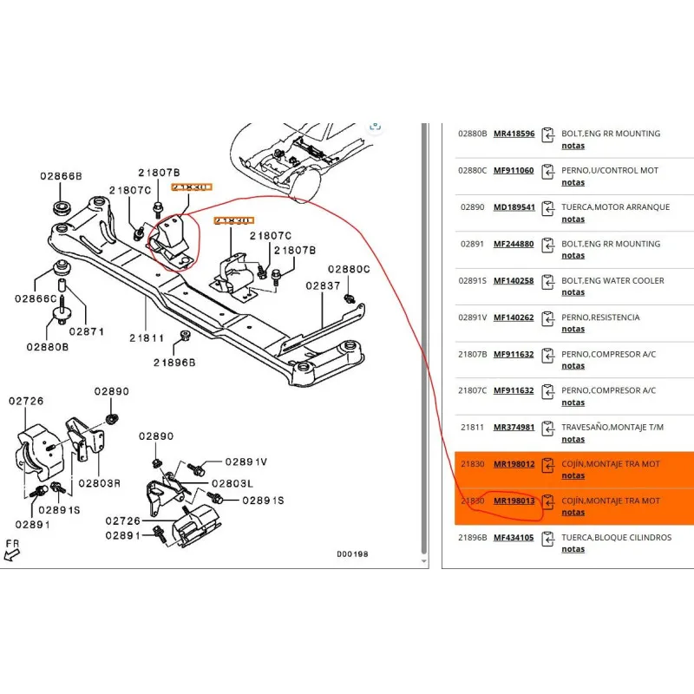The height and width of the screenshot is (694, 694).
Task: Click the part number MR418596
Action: [514, 134]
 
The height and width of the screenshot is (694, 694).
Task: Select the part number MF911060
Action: [514, 170]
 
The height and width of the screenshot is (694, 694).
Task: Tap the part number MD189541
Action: [514, 207]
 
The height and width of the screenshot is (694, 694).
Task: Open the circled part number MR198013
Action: [514, 501]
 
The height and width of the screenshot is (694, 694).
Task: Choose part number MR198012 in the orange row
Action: [514, 464]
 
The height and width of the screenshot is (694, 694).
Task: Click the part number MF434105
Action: [514, 537]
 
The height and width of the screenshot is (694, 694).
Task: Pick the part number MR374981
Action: [514, 427]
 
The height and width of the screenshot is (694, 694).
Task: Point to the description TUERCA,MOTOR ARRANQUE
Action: [615, 207]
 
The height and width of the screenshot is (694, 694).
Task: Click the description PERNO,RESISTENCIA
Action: [600, 318]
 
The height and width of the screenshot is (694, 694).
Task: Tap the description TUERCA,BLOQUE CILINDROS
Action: [616, 537]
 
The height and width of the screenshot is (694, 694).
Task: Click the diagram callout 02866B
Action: [61, 176]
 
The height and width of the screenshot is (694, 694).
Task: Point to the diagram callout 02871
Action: [87, 331]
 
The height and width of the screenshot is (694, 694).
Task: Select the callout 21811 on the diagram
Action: [147, 337]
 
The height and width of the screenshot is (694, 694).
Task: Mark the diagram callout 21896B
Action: [174, 362]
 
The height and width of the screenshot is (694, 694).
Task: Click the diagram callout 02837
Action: [323, 285]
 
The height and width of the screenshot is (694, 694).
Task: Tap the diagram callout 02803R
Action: [99, 482]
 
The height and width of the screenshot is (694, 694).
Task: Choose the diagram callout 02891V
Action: [246, 462]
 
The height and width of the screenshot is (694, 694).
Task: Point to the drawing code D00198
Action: [352, 553]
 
